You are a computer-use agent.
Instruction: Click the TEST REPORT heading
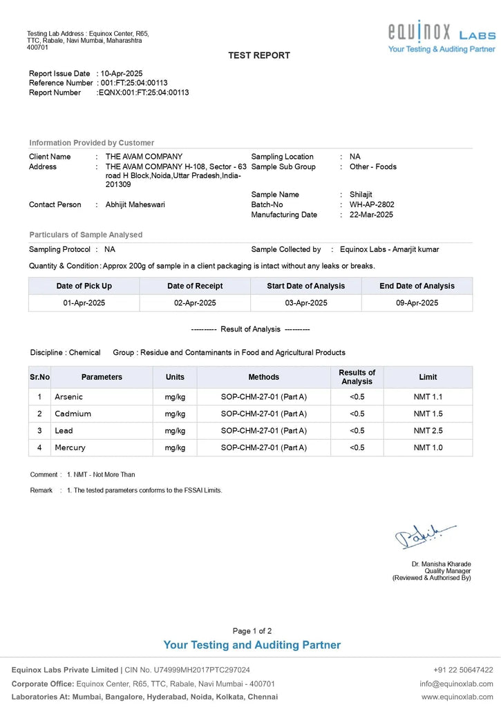click(259, 55)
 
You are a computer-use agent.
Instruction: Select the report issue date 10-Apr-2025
click(122, 73)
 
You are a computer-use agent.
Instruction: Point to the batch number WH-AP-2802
click(372, 204)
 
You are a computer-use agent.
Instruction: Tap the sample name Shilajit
click(361, 195)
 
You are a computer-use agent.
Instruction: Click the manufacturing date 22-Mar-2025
click(371, 215)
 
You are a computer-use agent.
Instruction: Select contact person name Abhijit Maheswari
click(135, 204)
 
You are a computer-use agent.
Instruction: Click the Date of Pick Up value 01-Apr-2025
click(84, 303)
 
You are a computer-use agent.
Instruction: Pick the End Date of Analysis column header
click(417, 286)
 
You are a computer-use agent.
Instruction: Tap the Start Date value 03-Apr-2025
click(306, 303)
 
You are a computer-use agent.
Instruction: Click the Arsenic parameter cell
click(69, 397)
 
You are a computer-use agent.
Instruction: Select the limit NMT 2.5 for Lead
click(428, 431)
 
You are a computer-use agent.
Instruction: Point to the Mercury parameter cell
click(70, 447)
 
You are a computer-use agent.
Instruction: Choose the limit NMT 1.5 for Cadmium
click(428, 414)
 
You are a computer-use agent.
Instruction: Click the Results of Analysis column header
click(357, 377)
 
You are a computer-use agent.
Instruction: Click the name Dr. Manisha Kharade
click(441, 564)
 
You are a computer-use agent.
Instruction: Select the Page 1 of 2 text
click(252, 631)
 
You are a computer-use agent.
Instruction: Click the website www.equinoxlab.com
click(457, 696)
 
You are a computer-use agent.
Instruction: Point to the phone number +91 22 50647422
click(463, 670)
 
